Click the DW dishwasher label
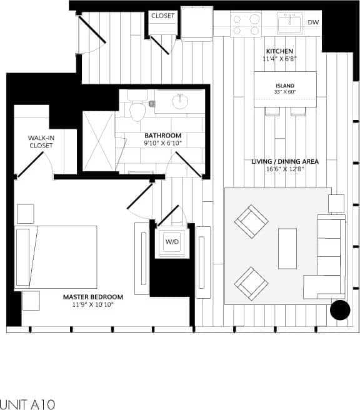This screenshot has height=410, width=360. point(314,22)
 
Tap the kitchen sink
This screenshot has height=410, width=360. point(289,24)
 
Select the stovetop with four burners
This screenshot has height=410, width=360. point(245,24)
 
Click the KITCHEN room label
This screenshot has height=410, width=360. point(279,51)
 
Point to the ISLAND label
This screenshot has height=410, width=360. point(284,86)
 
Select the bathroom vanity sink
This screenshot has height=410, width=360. point(181,101)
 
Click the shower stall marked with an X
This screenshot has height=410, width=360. point(98,141)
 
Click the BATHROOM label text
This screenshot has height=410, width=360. point(162,136)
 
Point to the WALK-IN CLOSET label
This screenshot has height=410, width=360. point(41,141)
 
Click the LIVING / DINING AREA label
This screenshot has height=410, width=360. point(284,161)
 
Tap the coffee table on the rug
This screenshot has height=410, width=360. point(287,248)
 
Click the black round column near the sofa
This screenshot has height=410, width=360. point(341,310)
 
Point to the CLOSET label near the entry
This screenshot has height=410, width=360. point(163,16)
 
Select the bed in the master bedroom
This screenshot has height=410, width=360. point(56,256)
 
